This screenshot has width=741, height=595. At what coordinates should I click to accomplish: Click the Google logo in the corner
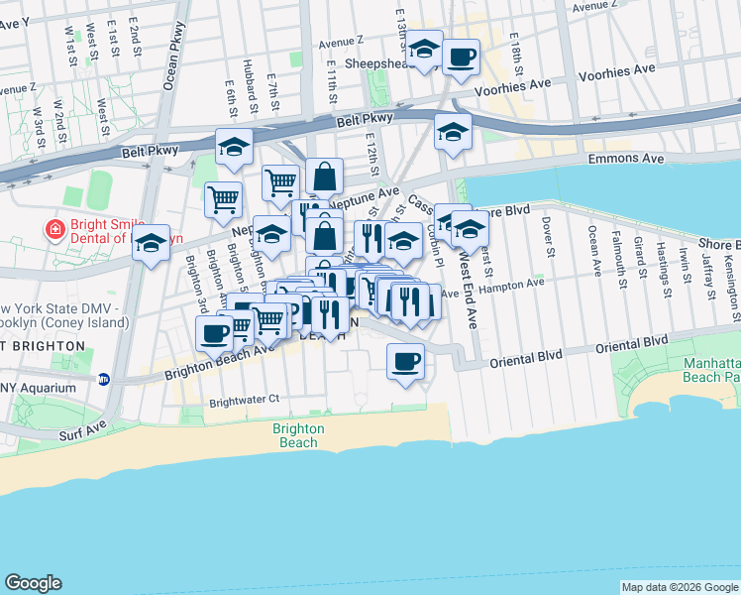(x=34, y=583)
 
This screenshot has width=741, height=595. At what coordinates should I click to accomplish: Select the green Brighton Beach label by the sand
(x=297, y=435)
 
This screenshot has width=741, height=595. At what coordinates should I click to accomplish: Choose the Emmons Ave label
(x=625, y=159)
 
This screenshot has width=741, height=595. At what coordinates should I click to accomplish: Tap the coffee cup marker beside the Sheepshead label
(x=461, y=58)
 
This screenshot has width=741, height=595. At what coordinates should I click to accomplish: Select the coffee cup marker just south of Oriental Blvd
(x=405, y=361)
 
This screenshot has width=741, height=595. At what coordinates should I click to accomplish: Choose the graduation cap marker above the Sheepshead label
(x=425, y=49)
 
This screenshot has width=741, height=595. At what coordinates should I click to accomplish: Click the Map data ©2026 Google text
(x=679, y=587)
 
